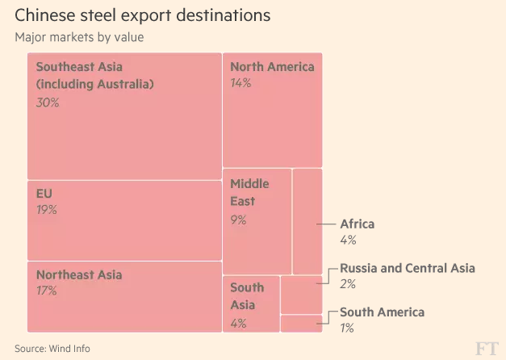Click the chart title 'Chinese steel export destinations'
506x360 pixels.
142,16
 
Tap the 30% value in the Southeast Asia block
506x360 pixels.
48,103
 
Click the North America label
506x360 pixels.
272,66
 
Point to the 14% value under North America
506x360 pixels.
240,84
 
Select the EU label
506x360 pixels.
44,194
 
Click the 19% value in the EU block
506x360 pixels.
46,211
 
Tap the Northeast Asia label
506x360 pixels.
79,274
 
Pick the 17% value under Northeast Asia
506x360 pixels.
46,291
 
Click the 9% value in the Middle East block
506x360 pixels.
240,220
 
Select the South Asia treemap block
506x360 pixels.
251,303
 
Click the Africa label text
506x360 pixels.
357,224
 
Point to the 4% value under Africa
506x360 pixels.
348,240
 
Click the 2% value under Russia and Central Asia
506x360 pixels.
348,284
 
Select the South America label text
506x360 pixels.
382,312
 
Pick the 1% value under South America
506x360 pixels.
347,328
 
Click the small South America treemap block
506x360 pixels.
301,324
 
